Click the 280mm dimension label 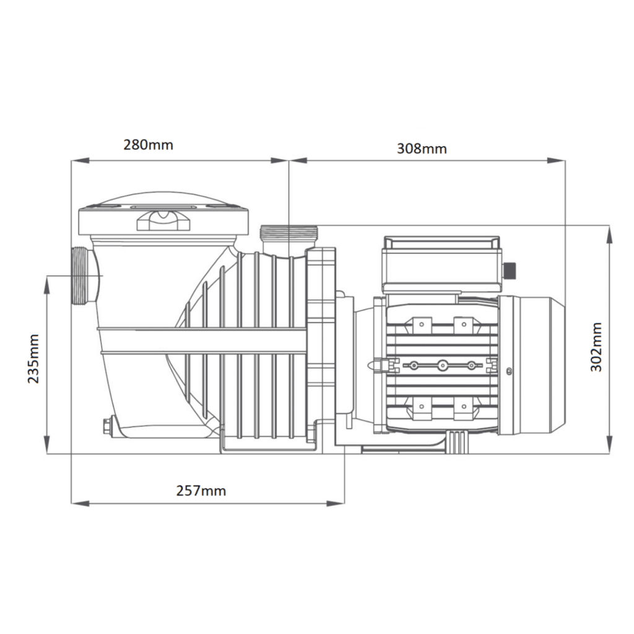(149, 145)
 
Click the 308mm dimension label (421, 149)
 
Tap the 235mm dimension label (33, 358)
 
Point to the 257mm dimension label (201, 491)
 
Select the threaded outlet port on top (289, 234)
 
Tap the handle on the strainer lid (163, 220)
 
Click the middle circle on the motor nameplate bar (442, 365)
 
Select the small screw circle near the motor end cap (508, 371)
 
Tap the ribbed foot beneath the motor (457, 441)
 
